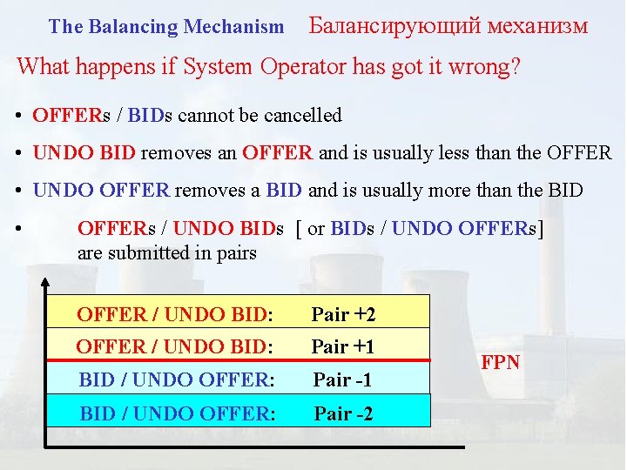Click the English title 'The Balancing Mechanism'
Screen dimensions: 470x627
pyautogui.click(x=166, y=27)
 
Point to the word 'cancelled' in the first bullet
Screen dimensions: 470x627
pyautogui.click(x=302, y=115)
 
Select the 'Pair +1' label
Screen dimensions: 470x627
pyautogui.click(x=343, y=346)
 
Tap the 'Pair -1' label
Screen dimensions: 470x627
pyautogui.click(x=344, y=379)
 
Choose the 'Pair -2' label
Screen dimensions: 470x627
pyautogui.click(x=344, y=413)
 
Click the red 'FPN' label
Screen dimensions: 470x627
pyautogui.click(x=501, y=362)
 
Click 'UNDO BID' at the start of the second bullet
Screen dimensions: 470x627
pyautogui.click(x=84, y=153)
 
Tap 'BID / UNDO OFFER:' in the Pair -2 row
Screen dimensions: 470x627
pyautogui.click(x=178, y=413)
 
